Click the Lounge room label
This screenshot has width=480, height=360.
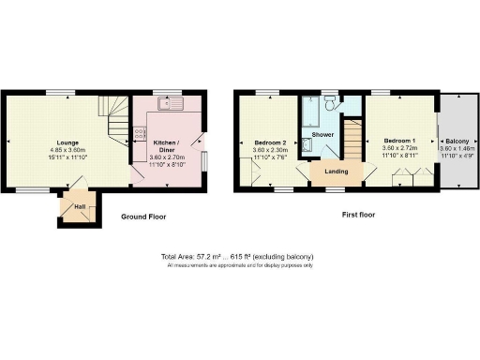67,142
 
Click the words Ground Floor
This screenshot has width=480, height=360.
143,217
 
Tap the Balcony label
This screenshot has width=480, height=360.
458,141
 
